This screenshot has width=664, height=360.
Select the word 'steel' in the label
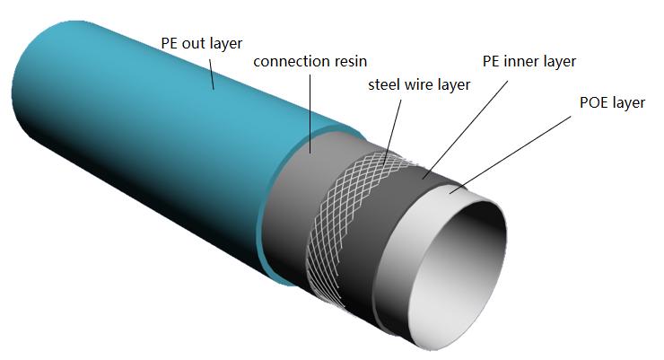pyautogui.click(x=386, y=85)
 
